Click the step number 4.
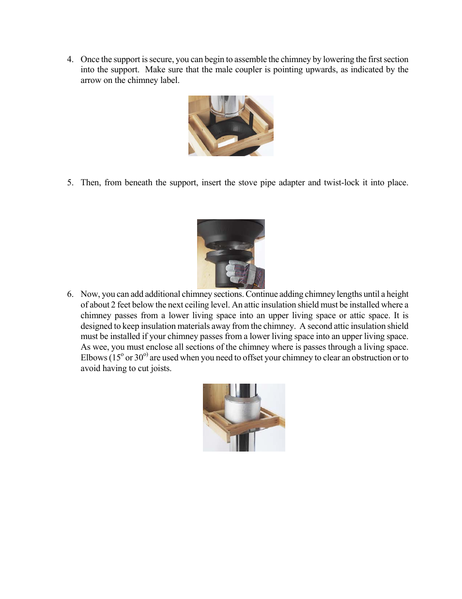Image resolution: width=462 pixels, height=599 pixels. pos(70,60)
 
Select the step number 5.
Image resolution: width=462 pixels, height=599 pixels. pos(70,183)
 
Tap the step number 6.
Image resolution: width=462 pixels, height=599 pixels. pos(70,294)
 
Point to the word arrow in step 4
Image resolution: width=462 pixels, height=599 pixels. pos(91,81)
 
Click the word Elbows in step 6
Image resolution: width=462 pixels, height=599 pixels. pos(93,358)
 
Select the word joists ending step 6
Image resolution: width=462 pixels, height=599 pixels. pos(161,369)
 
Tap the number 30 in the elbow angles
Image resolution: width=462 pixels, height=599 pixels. pos(139,358)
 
